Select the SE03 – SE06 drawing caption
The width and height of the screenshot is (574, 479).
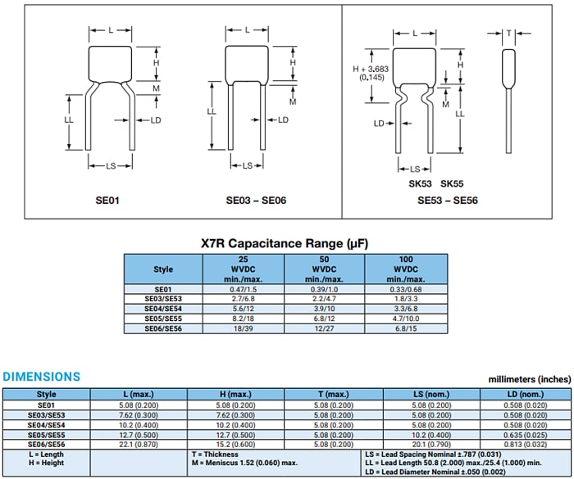point(256,199)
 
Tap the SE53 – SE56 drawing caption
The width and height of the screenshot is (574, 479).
point(447,199)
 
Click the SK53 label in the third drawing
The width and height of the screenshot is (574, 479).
point(421,185)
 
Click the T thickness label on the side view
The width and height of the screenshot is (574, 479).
point(509,34)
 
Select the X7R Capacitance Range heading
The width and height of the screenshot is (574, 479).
point(285,243)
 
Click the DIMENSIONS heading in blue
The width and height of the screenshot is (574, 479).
point(42,377)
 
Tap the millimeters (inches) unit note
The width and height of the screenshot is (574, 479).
point(529,379)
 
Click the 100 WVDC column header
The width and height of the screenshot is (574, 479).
point(406,269)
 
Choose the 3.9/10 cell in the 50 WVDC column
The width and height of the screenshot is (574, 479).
point(324,309)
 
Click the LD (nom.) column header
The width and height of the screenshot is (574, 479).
point(525,395)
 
